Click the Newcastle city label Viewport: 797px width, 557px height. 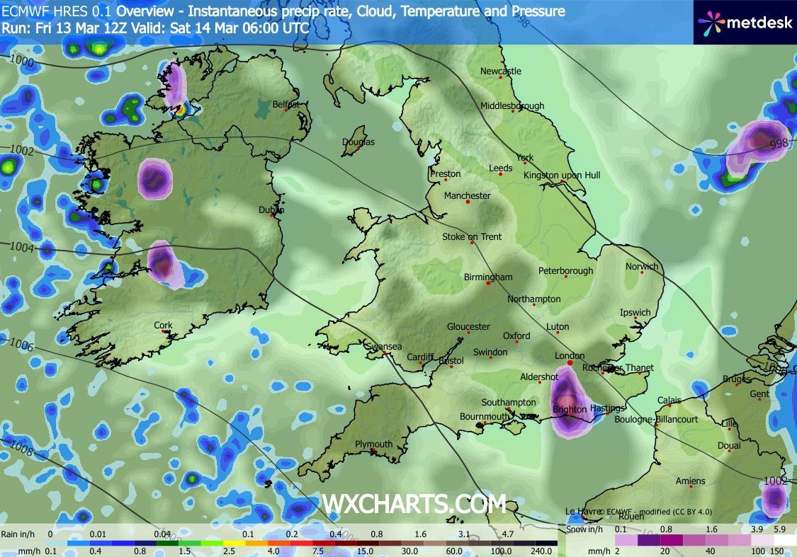[x=500, y=71]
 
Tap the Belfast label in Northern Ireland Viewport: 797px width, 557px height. [x=286, y=105]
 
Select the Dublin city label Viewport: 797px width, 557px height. [x=271, y=210]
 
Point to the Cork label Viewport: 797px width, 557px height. [x=163, y=326]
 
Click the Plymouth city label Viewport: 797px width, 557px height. [x=373, y=444]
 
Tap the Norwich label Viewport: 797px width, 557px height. [x=642, y=267]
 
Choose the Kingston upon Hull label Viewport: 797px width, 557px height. [x=562, y=175]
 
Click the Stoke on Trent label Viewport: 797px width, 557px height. [x=472, y=236]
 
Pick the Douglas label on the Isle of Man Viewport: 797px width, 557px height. [x=358, y=142]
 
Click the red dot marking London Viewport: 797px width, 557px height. [x=570, y=363]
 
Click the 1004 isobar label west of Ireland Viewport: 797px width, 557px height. [x=22, y=247]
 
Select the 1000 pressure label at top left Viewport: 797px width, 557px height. [x=22, y=62]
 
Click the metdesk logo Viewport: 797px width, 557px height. [x=744, y=22]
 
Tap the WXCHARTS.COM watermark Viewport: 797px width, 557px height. [x=414, y=504]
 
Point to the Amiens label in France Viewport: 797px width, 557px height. [x=690, y=481]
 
